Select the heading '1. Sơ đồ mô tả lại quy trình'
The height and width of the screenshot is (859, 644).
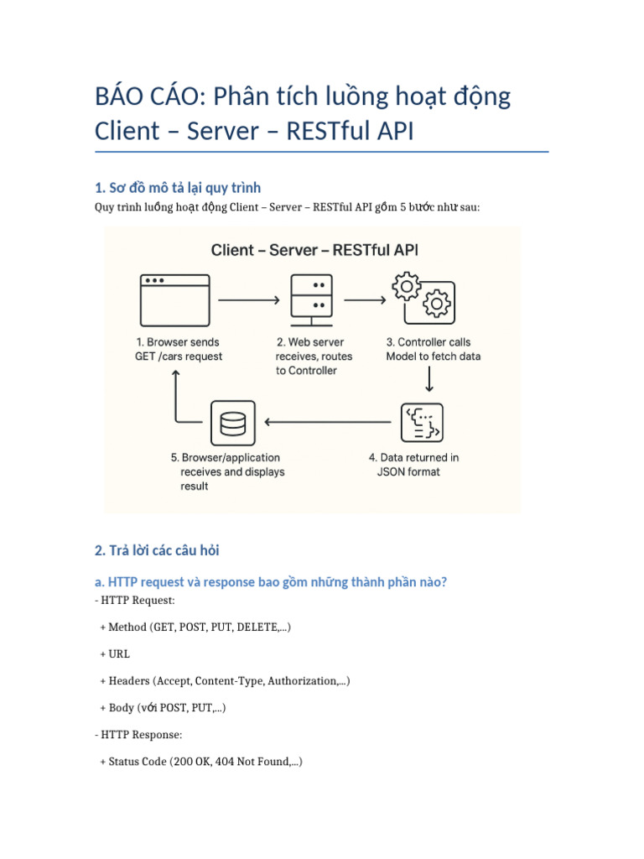pyautogui.click(x=184, y=186)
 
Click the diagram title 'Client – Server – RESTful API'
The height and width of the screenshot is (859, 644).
pyautogui.click(x=314, y=250)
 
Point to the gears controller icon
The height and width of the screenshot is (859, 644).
pyautogui.click(x=423, y=297)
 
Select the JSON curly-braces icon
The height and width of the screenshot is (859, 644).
pyautogui.click(x=423, y=423)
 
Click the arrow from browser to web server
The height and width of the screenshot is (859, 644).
pyautogui.click(x=248, y=299)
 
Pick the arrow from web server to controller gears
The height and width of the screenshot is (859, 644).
pyautogui.click(x=364, y=299)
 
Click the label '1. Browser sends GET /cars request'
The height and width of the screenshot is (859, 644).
pyautogui.click(x=179, y=349)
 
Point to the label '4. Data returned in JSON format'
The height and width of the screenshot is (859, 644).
pyautogui.click(x=413, y=465)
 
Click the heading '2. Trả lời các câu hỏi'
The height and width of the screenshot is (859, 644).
pyautogui.click(x=157, y=551)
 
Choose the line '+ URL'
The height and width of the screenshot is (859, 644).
pyautogui.click(x=115, y=654)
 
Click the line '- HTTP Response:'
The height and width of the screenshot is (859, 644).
pyautogui.click(x=138, y=735)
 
